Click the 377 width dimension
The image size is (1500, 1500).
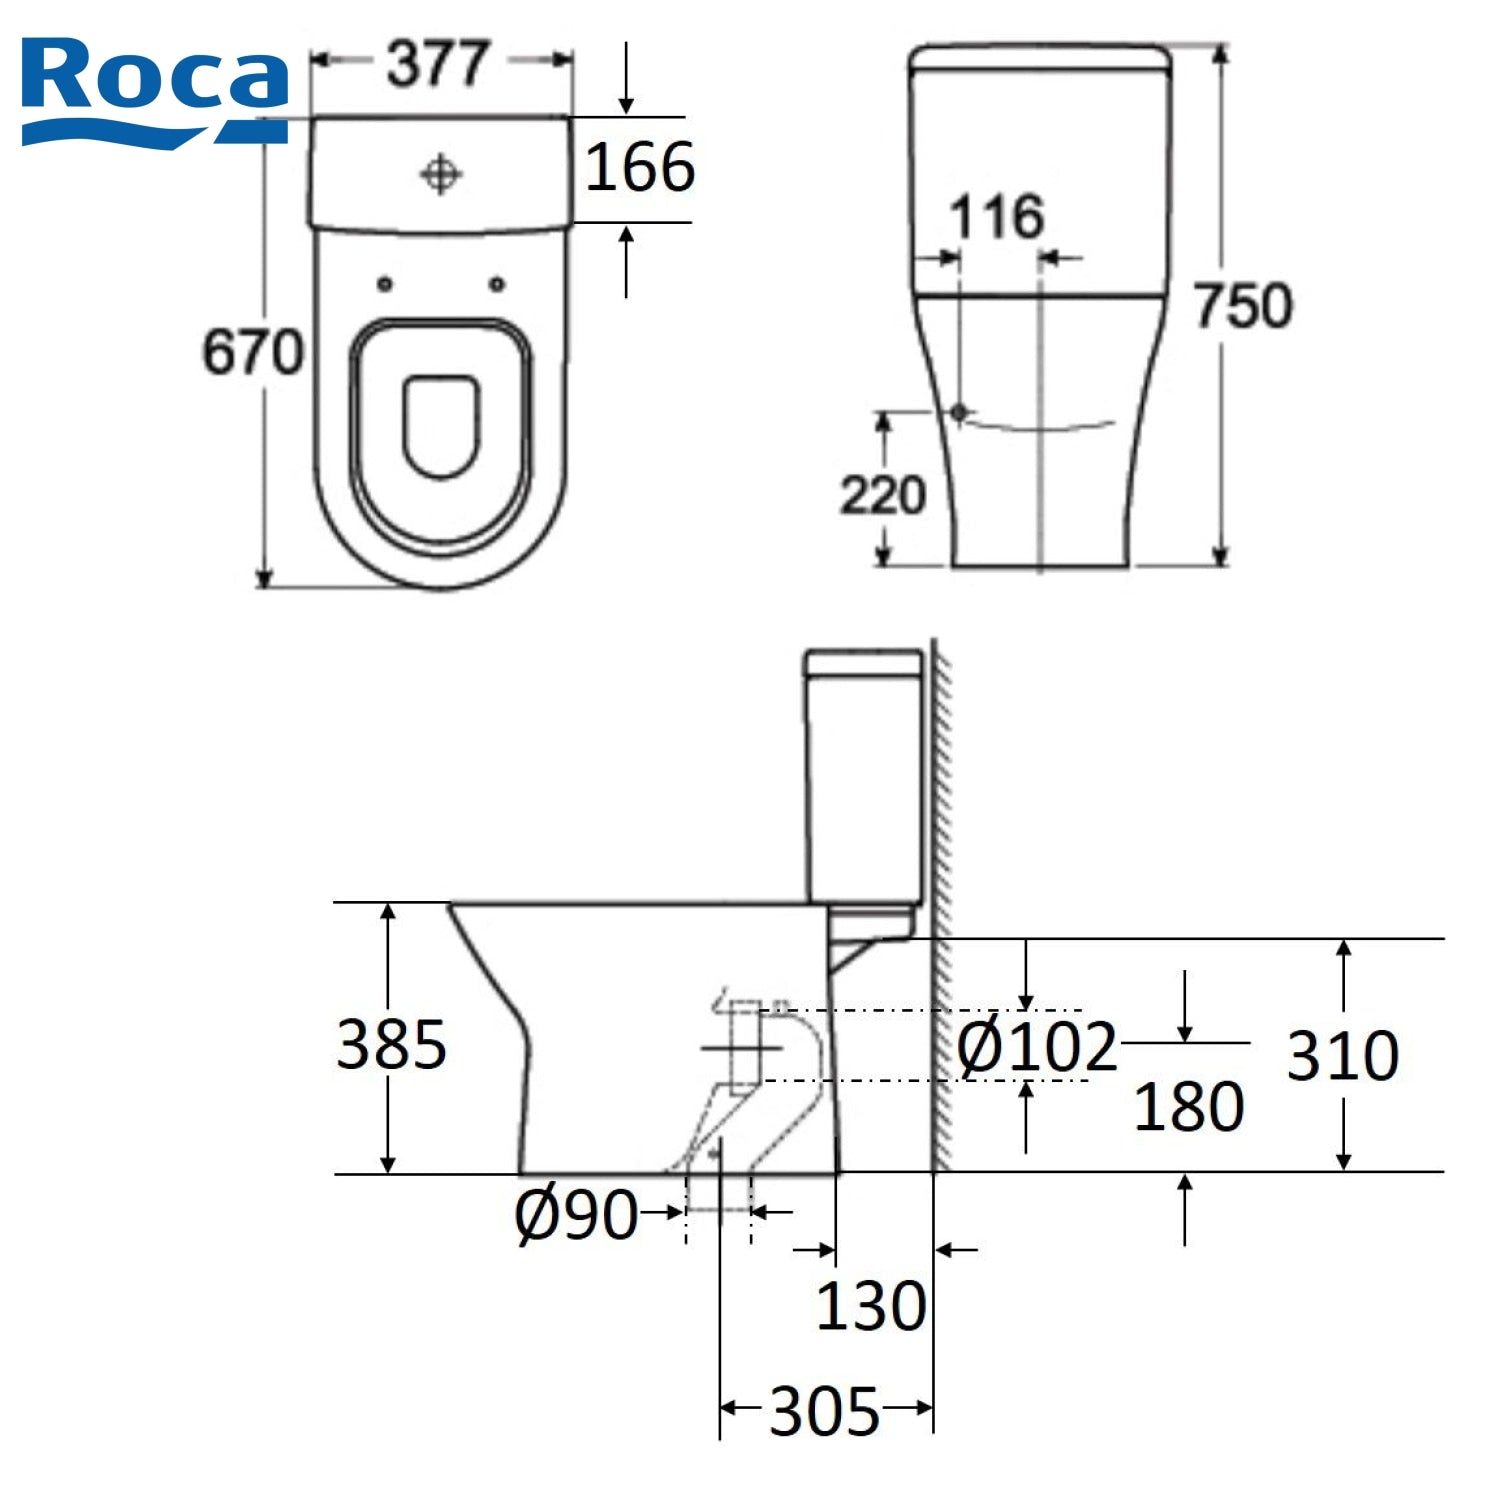point(438,63)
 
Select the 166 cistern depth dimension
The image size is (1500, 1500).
point(640,167)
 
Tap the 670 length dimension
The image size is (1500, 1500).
point(252,352)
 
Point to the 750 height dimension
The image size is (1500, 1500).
point(1243,306)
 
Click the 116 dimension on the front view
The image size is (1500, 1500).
point(996,216)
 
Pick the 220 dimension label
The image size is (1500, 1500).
point(882,495)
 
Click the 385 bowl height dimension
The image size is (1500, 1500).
point(391,1044)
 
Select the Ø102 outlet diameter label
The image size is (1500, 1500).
point(1036,1047)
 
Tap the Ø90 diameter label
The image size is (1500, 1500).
point(576,1215)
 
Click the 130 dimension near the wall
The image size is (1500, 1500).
point(870,1306)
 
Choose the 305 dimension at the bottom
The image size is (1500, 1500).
point(824,1411)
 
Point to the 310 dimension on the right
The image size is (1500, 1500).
point(1341,1055)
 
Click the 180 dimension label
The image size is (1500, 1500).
point(1188,1106)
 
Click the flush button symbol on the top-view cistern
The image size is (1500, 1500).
point(440,175)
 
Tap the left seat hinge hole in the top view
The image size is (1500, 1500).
point(385,285)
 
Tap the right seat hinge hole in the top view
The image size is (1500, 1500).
point(497,285)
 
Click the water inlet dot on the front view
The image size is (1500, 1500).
point(959,411)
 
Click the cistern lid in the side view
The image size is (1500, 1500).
point(864,661)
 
